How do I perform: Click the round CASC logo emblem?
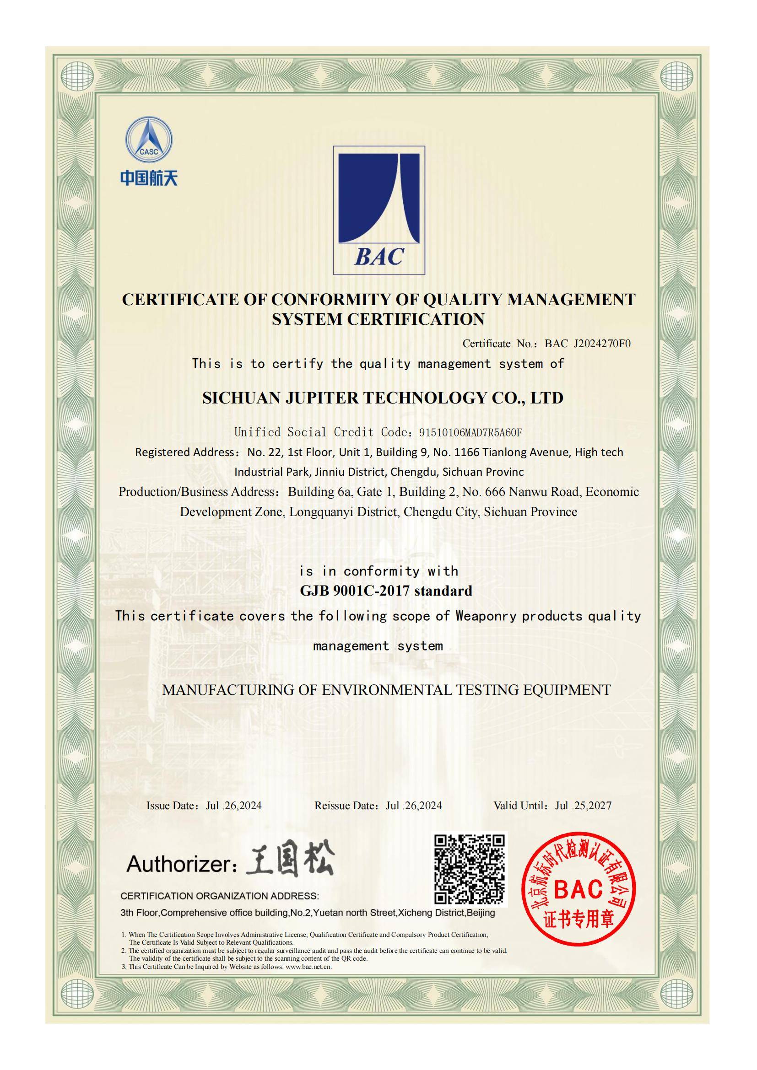click(149, 140)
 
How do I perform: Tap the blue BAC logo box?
click(378, 210)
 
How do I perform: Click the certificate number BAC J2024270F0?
click(587, 344)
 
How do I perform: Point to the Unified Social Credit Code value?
click(470, 432)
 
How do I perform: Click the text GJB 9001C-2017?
click(355, 591)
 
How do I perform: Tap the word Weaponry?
click(486, 616)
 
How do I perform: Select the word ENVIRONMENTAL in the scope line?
click(387, 690)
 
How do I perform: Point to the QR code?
click(470, 870)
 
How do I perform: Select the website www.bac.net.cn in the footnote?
click(308, 967)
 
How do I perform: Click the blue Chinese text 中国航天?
click(149, 177)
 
